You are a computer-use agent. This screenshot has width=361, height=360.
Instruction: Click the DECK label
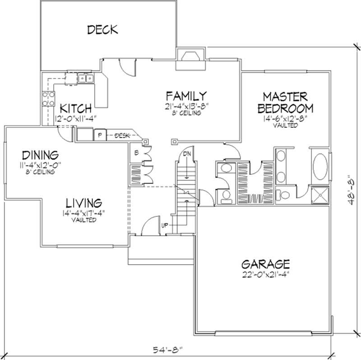(102, 30)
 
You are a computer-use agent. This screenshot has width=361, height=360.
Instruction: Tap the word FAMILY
(186, 96)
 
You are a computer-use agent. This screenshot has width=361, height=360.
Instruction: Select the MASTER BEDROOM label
(285, 103)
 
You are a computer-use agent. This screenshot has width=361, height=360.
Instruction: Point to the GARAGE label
(265, 264)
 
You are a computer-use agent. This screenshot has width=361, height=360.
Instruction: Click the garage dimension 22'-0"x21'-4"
(265, 274)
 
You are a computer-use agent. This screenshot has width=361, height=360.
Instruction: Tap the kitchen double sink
(85, 79)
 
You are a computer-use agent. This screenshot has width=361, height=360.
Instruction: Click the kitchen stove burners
(48, 99)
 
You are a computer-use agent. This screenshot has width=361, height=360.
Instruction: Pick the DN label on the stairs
(186, 154)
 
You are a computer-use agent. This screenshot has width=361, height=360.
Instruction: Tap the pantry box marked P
(99, 134)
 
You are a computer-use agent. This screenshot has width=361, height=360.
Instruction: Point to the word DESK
(122, 135)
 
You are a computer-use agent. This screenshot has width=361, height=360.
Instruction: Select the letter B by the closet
(136, 153)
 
